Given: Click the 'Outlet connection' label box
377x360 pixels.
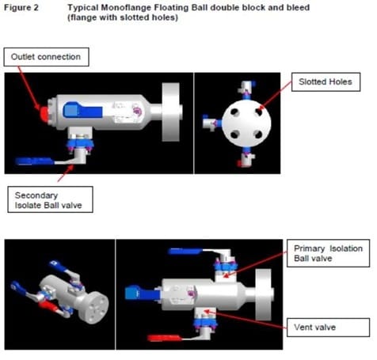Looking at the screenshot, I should [x=46, y=57].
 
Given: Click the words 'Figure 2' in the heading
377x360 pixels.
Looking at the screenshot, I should [x=24, y=7].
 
